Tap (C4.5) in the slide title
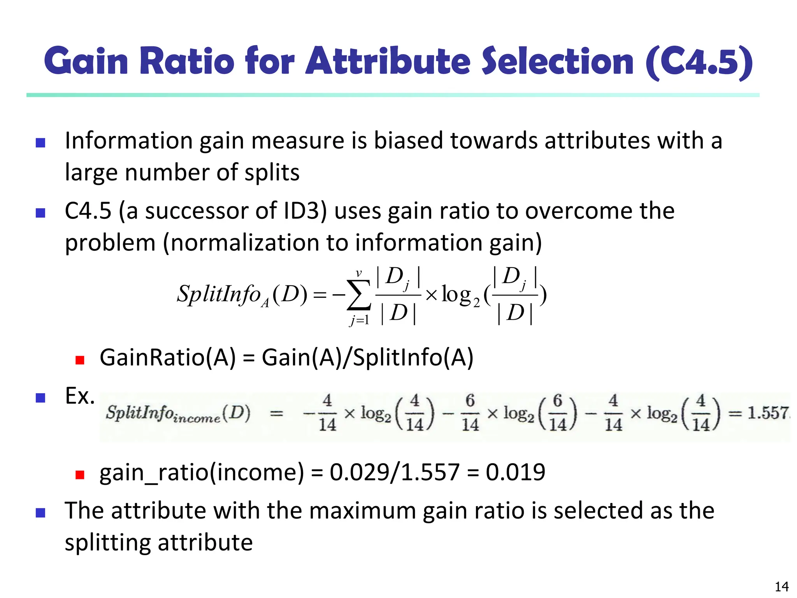pyautogui.click(x=699, y=62)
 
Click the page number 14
pyautogui.click(x=782, y=586)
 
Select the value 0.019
pyautogui.click(x=515, y=472)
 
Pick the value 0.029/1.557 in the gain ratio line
pyautogui.click(x=395, y=472)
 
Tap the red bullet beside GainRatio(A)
pyautogui.click(x=80, y=360)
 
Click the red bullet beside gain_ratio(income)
pyautogui.click(x=80, y=475)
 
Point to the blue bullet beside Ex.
pyautogui.click(x=40, y=397)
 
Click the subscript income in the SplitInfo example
pyautogui.click(x=197, y=419)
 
